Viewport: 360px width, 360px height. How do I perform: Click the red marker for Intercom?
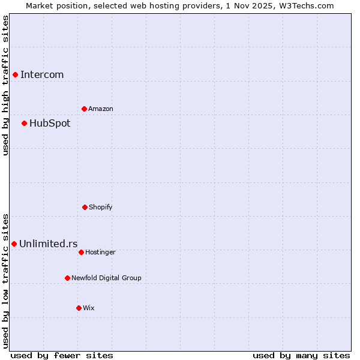[x=15, y=74]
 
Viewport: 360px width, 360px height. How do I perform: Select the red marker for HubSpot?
[x=24, y=123]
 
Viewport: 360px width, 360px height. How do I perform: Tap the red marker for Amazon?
[x=84, y=109]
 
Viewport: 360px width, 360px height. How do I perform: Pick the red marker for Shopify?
[x=85, y=207]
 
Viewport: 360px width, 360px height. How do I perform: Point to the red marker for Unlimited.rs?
[x=14, y=244]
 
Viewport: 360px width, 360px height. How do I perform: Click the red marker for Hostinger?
[x=81, y=252]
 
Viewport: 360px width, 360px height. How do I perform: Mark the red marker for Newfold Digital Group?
[x=67, y=278]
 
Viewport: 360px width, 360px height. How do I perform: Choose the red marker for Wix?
[x=79, y=308]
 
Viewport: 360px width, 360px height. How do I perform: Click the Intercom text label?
[x=42, y=74]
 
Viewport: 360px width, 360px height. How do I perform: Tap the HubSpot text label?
[x=50, y=123]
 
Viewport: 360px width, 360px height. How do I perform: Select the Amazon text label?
[x=101, y=109]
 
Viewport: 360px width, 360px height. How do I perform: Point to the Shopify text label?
[x=101, y=207]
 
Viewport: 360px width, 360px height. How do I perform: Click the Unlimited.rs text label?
[x=49, y=244]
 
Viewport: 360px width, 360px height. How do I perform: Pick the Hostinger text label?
[x=100, y=252]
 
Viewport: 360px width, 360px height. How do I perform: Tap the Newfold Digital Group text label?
[x=106, y=278]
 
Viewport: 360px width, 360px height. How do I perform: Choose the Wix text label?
[x=89, y=308]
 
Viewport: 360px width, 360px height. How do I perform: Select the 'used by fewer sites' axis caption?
[x=62, y=355]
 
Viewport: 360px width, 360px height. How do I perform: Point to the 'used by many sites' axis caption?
[x=301, y=355]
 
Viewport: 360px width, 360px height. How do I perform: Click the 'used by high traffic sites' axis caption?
[x=5, y=85]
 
